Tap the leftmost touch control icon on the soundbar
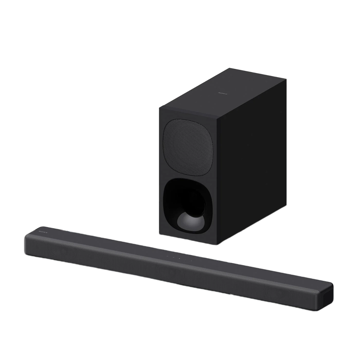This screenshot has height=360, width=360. [167, 255]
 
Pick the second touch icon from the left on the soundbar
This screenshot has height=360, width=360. [173, 257]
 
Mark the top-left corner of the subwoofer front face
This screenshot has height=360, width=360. [158, 107]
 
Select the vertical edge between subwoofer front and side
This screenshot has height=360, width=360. [217, 178]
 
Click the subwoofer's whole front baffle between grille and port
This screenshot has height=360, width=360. [188, 176]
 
